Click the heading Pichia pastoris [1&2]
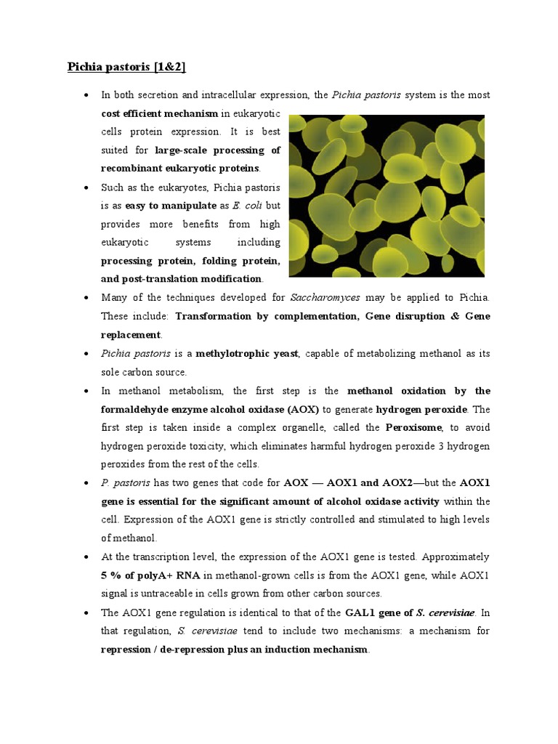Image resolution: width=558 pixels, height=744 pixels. pyautogui.click(x=126, y=67)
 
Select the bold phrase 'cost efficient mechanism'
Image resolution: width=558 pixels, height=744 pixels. pyautogui.click(x=158, y=113)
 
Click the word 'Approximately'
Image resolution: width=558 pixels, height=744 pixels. pyautogui.click(x=456, y=557)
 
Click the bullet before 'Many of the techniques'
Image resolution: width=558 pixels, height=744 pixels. pyautogui.click(x=86, y=298)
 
